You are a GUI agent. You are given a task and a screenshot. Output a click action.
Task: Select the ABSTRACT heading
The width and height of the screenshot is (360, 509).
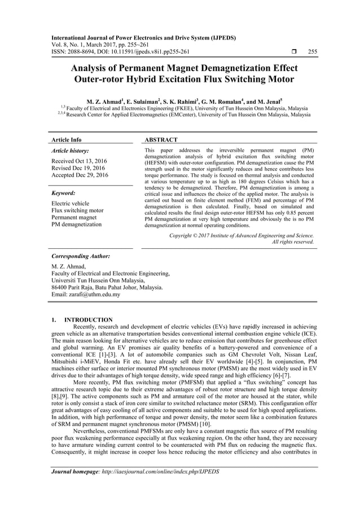[161, 139]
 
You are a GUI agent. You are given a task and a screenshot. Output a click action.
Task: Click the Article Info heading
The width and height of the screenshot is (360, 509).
[66, 139]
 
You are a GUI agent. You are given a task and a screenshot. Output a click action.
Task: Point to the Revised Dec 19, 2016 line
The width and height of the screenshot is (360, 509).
[78, 168]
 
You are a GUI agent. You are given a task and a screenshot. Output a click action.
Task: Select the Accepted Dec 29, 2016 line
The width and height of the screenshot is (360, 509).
[80, 175]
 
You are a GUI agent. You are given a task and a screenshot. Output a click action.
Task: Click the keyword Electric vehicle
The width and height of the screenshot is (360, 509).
[70, 203]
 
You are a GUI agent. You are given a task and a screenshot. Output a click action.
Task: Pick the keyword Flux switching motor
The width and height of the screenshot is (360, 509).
[77, 210]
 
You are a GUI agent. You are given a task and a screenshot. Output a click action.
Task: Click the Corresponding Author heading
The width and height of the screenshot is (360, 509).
[80, 256]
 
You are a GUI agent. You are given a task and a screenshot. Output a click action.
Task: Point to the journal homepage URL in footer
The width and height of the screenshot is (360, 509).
[155, 471]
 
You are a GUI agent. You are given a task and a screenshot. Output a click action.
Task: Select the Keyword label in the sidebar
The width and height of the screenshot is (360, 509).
[63, 192]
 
